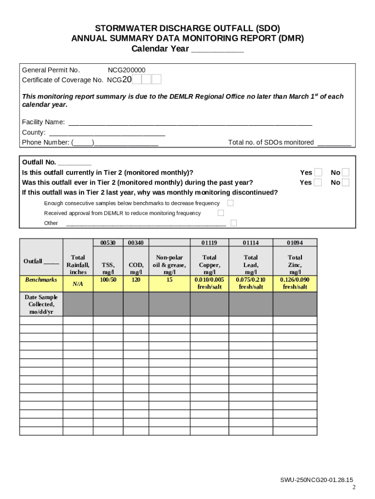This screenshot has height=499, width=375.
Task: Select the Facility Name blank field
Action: pyautogui.click(x=190, y=122)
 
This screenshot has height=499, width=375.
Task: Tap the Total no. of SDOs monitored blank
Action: pyautogui.click(x=334, y=143)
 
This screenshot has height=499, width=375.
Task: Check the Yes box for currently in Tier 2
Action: pyautogui.click(x=318, y=173)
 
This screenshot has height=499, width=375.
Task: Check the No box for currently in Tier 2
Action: pyautogui.click(x=345, y=173)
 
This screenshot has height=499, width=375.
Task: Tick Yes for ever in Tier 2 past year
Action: pyautogui.click(x=318, y=183)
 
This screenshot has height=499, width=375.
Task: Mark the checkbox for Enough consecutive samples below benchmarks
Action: pyautogui.click(x=230, y=203)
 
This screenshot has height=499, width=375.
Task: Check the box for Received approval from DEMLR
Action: pyautogui.click(x=221, y=213)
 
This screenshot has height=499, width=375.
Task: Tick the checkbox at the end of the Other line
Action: pyautogui.click(x=234, y=223)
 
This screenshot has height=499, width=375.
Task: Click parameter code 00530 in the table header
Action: pyautogui.click(x=108, y=243)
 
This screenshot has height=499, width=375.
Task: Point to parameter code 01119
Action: pyautogui.click(x=209, y=243)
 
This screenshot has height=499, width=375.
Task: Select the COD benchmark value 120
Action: pyautogui.click(x=136, y=280)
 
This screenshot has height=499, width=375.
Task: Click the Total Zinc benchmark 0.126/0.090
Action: pyautogui.click(x=295, y=280)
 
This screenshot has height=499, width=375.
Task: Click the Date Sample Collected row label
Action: pyautogui.click(x=41, y=304)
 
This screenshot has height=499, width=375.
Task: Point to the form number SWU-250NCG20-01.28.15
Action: pyautogui.click(x=316, y=480)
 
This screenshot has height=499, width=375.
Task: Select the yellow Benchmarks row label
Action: pyautogui.click(x=41, y=280)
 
